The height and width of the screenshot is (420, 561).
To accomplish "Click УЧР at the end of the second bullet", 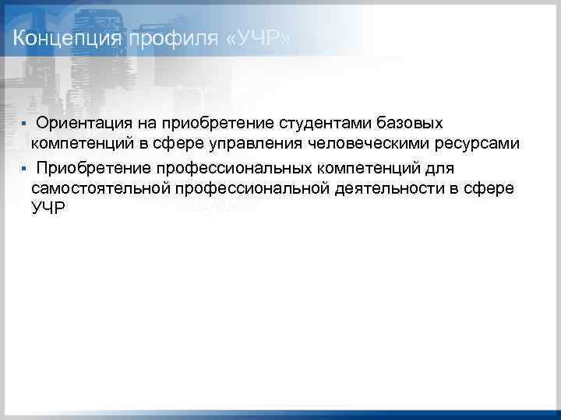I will click(48, 208).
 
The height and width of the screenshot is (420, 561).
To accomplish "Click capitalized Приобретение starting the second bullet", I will click(93, 167).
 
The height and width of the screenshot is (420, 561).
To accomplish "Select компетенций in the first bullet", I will click(83, 144).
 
